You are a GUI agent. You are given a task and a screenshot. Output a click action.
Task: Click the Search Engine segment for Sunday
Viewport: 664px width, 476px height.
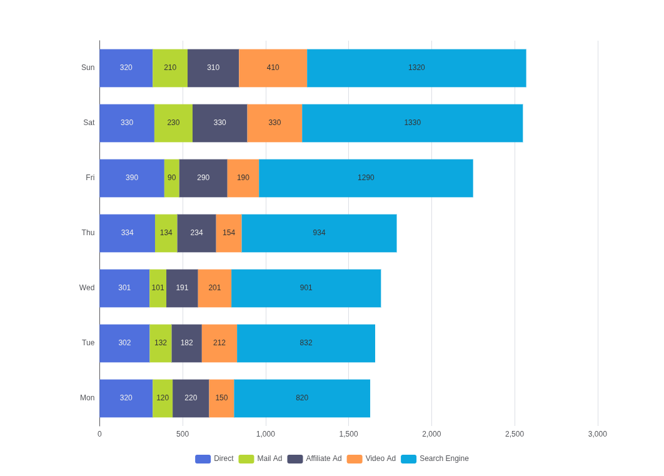(x=416, y=68)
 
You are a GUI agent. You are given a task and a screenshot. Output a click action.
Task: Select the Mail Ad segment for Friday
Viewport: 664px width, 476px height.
(x=171, y=178)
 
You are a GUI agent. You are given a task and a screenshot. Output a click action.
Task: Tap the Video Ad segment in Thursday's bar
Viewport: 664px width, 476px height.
(x=229, y=233)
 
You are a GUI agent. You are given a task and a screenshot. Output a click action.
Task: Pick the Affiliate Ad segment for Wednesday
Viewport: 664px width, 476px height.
(x=182, y=288)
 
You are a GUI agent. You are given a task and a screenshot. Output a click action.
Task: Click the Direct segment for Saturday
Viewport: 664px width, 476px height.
(x=127, y=123)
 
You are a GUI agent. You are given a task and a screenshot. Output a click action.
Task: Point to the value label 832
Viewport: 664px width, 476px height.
(x=306, y=343)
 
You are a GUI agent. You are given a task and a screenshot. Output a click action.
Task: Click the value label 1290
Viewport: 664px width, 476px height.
(x=366, y=178)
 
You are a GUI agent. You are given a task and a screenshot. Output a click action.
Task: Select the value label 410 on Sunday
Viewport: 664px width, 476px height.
(x=273, y=68)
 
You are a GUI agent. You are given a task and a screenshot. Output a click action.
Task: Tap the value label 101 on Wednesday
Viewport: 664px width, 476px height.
(x=158, y=288)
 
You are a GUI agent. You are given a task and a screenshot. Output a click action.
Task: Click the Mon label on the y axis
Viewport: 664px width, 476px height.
(x=88, y=398)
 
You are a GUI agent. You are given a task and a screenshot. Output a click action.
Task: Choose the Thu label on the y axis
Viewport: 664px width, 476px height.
(x=88, y=233)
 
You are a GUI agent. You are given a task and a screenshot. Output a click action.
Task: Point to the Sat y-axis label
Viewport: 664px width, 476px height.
(x=89, y=123)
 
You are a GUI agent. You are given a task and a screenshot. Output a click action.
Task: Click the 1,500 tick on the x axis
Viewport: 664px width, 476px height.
(x=348, y=434)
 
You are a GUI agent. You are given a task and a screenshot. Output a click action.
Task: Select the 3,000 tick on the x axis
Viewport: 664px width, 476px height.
(x=598, y=434)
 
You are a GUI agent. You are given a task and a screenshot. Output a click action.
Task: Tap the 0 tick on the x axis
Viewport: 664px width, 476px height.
(x=99, y=434)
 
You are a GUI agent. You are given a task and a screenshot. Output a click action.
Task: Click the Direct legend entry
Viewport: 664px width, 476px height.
(x=214, y=458)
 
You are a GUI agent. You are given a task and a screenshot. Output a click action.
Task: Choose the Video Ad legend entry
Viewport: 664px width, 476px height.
(x=371, y=458)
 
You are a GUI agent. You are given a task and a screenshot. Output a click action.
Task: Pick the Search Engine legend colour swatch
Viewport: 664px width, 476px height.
(x=409, y=459)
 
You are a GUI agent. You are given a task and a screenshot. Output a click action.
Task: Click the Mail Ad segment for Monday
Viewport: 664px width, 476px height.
(x=163, y=398)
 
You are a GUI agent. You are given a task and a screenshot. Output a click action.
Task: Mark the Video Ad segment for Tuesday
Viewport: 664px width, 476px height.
(x=219, y=343)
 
